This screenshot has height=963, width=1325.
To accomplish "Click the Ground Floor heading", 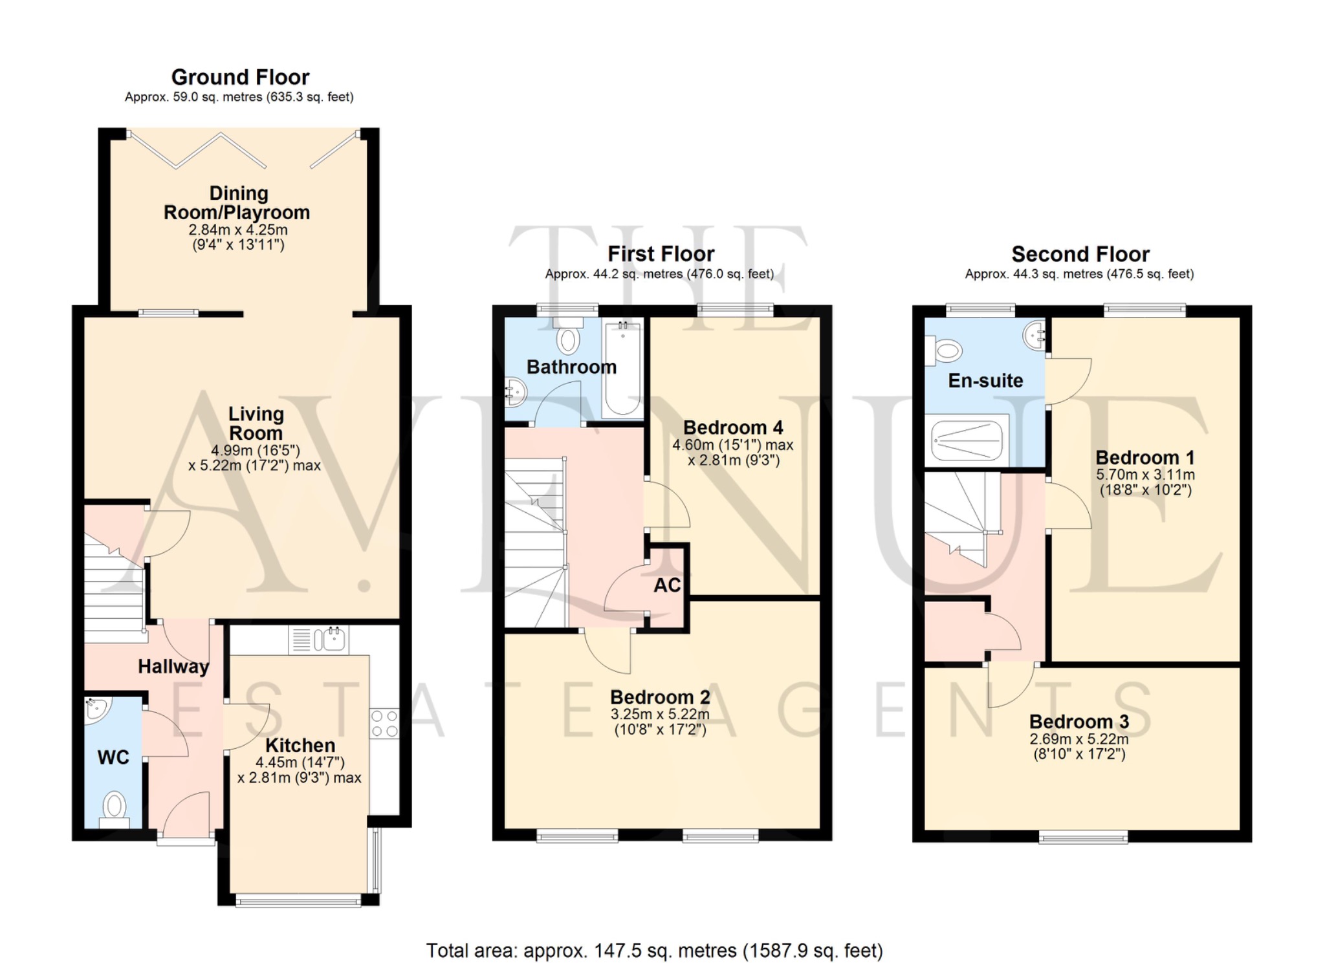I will coord(240,78).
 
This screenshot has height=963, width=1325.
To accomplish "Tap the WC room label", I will coord(113,757).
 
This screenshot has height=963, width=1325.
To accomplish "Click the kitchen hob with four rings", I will coord(384,724).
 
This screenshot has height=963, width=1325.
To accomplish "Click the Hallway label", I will coord(173,667).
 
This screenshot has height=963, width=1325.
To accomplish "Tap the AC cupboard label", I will coord(667,585).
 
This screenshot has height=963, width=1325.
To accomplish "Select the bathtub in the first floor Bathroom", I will coord(622,369).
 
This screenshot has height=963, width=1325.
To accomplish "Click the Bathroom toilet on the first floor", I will coord(569,337).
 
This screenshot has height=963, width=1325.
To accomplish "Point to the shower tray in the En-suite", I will coord(966,440).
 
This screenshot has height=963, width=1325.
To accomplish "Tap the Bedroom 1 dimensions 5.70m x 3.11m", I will coord(1144,475).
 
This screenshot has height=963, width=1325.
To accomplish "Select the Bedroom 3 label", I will coord(1079,722).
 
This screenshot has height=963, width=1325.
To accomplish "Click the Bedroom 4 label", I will coord(732,427).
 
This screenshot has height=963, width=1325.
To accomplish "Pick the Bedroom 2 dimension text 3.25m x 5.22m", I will coord(660,714).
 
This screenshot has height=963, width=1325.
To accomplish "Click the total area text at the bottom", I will coord(654,951).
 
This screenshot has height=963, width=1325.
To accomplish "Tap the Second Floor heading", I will coord(1080,254).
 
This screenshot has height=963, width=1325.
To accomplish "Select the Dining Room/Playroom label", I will coord(237,203).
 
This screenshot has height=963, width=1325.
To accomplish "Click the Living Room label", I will coord(256,424).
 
